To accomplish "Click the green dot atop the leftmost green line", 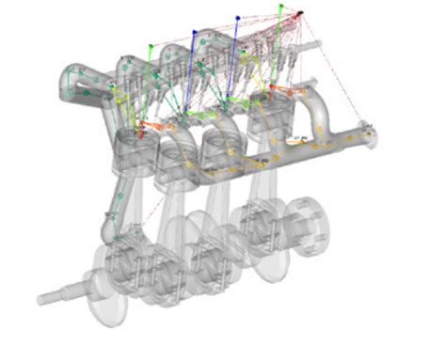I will click(x=148, y=43).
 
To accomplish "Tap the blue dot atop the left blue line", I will click(x=195, y=29).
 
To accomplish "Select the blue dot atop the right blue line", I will click(x=238, y=17).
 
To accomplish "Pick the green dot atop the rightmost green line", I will click(x=279, y=7).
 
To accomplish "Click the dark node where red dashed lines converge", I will click(x=301, y=13).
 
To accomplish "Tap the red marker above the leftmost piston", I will click(x=142, y=133).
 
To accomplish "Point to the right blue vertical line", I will click(x=234, y=56).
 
